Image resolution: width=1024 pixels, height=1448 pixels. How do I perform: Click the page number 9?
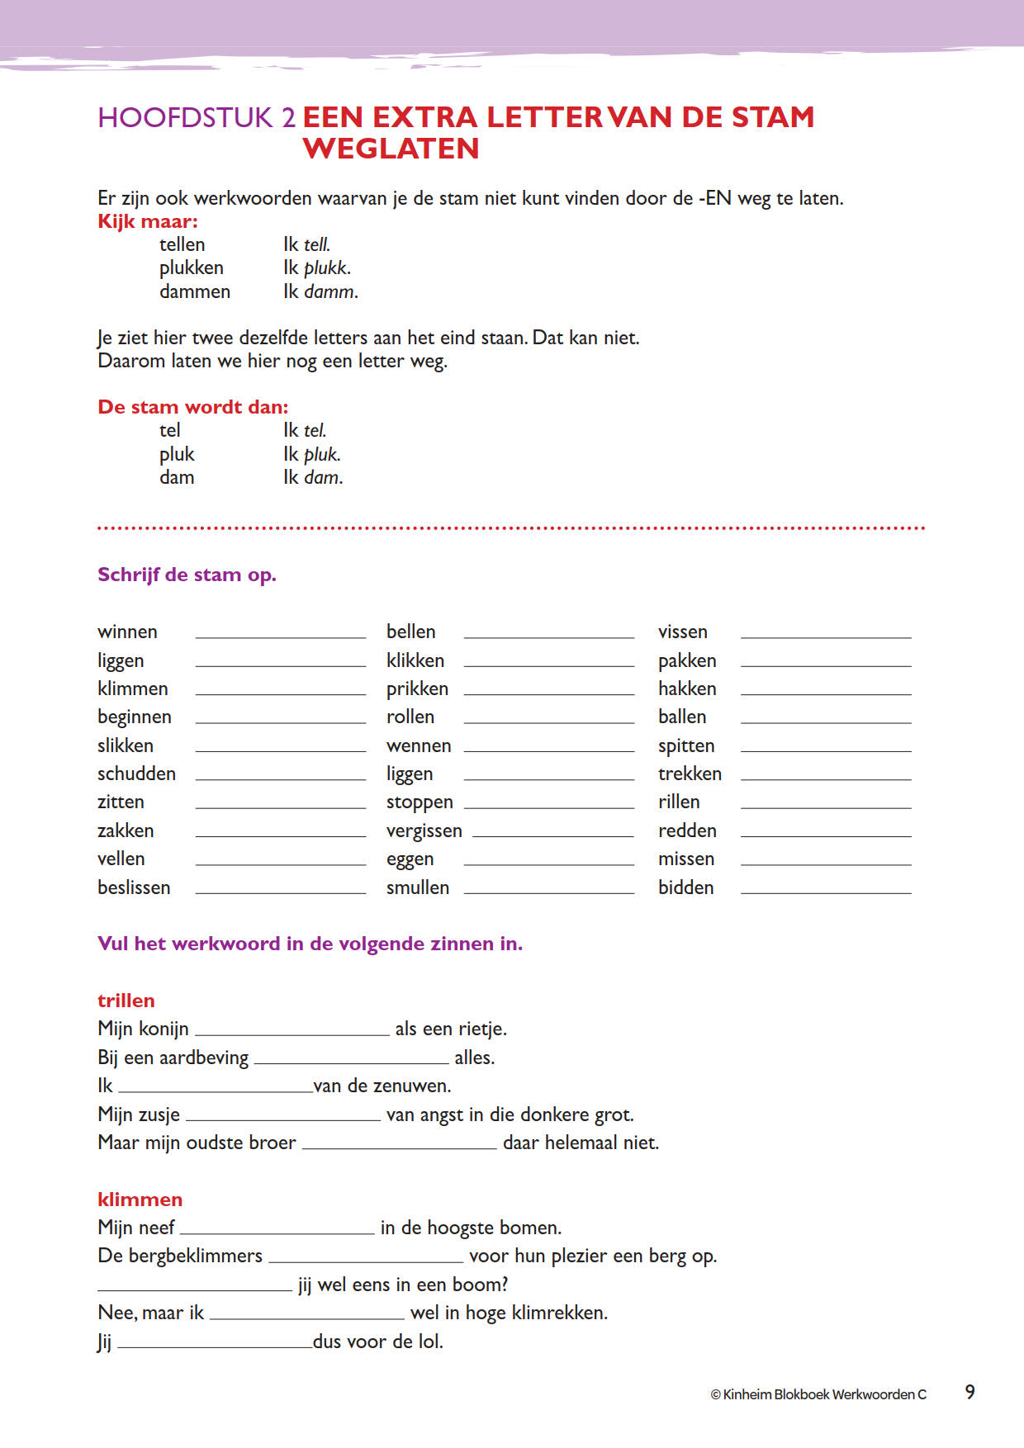(969, 1392)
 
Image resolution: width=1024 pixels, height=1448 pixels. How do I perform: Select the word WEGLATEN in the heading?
(391, 149)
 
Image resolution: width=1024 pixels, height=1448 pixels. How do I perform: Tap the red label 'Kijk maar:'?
(148, 221)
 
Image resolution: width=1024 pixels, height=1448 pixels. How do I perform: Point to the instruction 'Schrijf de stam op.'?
(187, 575)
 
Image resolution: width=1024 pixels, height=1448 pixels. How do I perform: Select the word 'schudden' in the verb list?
(136, 774)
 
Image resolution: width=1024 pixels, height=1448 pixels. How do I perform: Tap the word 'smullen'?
(418, 887)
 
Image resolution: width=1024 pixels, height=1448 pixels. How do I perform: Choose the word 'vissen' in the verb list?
(682, 632)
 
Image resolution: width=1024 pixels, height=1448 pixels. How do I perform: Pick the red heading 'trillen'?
(126, 1001)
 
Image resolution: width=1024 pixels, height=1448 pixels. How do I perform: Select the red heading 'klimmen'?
(140, 1200)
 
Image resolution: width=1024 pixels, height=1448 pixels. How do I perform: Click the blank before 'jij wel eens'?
(195, 1287)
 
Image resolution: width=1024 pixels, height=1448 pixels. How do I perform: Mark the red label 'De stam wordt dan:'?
(193, 407)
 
